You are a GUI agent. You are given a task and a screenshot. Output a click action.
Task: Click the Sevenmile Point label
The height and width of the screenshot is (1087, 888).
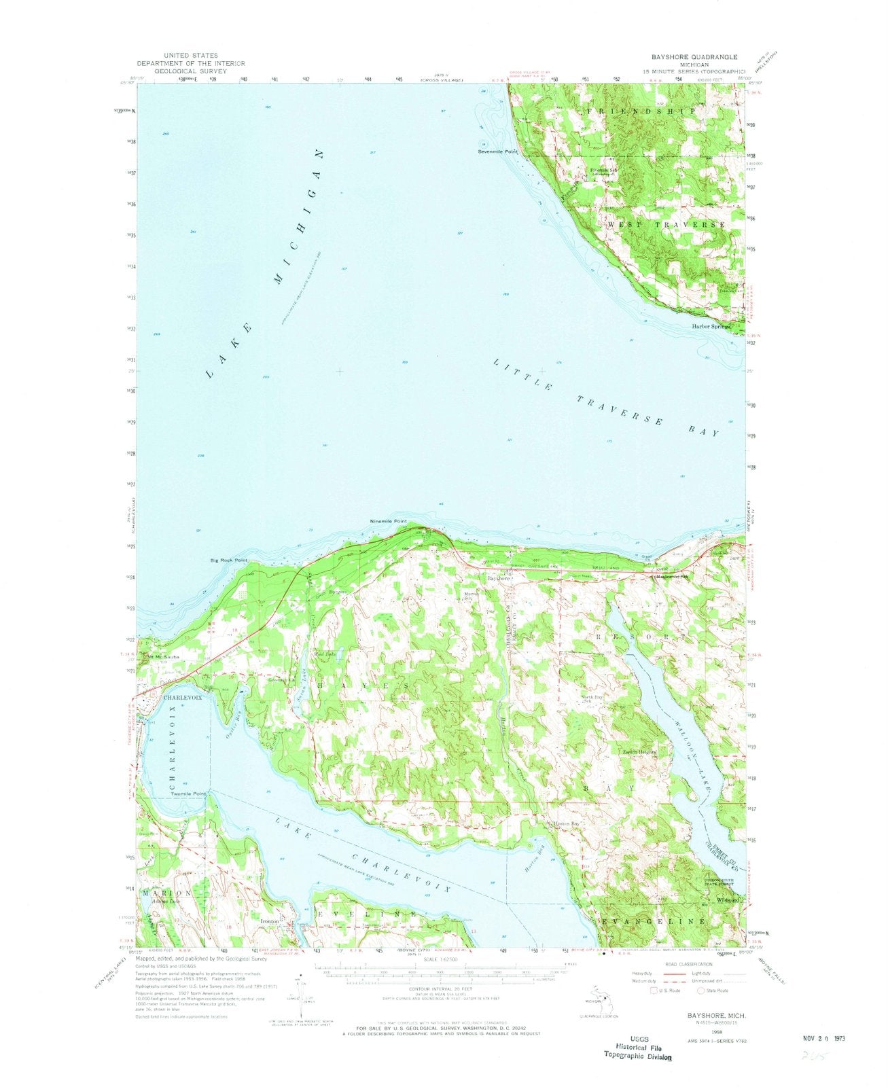coord(498,152)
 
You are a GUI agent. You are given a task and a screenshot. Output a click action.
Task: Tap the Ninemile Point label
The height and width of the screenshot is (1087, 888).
coord(388,521)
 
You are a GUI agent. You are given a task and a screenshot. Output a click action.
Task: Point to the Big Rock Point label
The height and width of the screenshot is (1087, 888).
coord(228,560)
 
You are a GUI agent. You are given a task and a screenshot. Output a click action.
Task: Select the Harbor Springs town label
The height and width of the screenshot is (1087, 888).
coord(711,326)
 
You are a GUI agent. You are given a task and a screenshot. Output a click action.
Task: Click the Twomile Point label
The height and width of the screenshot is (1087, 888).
coord(188,794)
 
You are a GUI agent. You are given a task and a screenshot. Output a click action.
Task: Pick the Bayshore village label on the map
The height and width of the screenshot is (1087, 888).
coord(497,578)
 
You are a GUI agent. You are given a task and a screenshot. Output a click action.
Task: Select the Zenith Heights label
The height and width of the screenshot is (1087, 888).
coord(638,753)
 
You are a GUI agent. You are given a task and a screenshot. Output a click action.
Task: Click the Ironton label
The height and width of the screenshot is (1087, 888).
coord(271,922)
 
